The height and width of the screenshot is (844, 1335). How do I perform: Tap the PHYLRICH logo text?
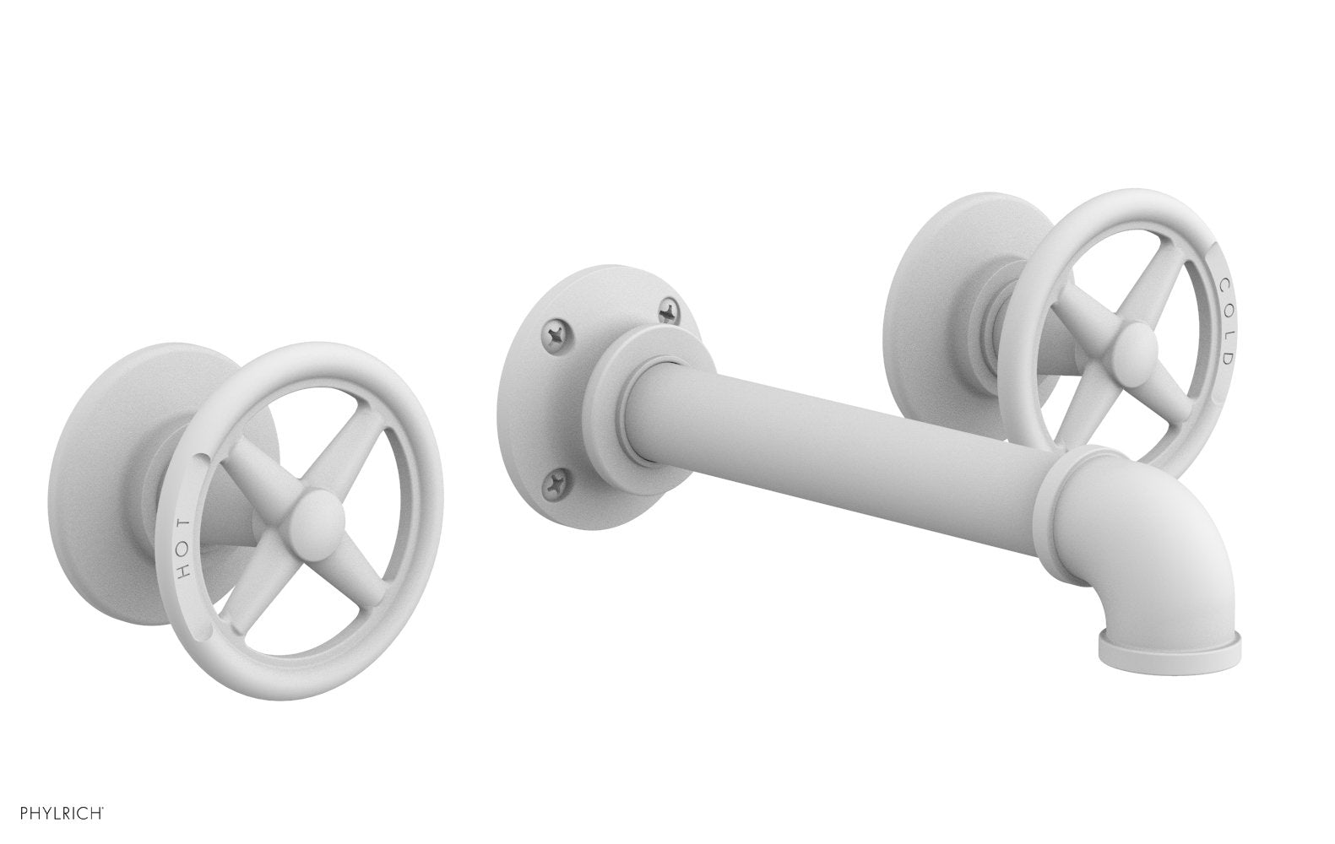click(x=53, y=815)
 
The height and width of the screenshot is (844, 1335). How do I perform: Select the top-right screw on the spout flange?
click(x=667, y=312)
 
